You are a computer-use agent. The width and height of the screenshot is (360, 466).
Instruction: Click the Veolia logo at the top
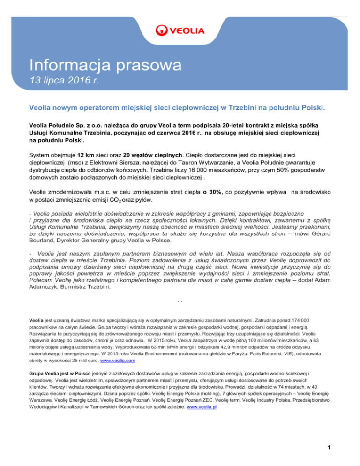(x=180, y=31)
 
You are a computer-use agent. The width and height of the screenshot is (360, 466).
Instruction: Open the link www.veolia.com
(x=115, y=373)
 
